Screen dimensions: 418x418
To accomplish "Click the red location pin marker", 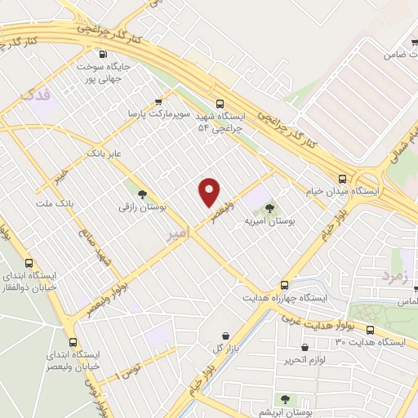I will [210, 193].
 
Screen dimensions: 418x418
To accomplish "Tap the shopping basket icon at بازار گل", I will [226, 336].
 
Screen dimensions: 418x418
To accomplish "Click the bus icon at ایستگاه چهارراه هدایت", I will [284, 285].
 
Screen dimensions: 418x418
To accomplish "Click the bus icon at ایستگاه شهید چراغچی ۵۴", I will [220, 104].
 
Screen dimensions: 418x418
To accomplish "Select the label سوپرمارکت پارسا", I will [166, 115].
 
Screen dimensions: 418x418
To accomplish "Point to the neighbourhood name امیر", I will [179, 233].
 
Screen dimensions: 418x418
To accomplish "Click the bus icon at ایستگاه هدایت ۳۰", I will [370, 330].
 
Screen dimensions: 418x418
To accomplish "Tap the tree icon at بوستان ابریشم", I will [284, 398].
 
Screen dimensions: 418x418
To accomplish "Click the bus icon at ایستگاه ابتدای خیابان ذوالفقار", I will [29, 264].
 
